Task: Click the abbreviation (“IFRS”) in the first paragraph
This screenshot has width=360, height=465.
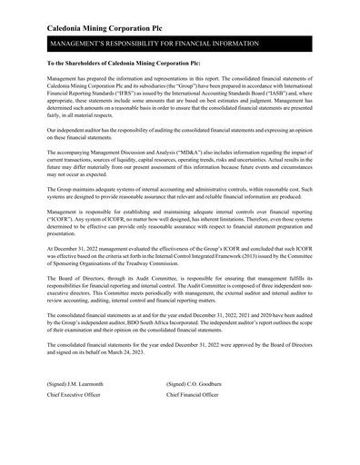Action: click(x=133, y=96)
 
